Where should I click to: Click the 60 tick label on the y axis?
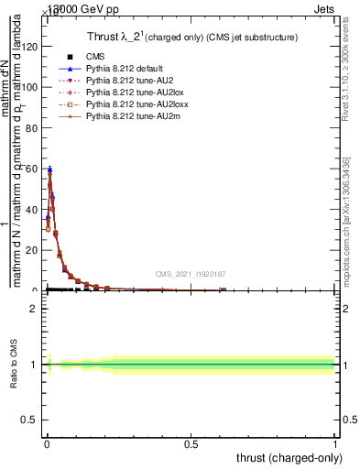[x=32, y=169]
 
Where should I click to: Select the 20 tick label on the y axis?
[x=32, y=250]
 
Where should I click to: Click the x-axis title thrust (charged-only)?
[x=291, y=457]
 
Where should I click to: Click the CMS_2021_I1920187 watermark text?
[x=190, y=273]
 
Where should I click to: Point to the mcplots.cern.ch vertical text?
[x=346, y=229]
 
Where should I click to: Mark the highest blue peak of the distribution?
[x=49, y=169]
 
